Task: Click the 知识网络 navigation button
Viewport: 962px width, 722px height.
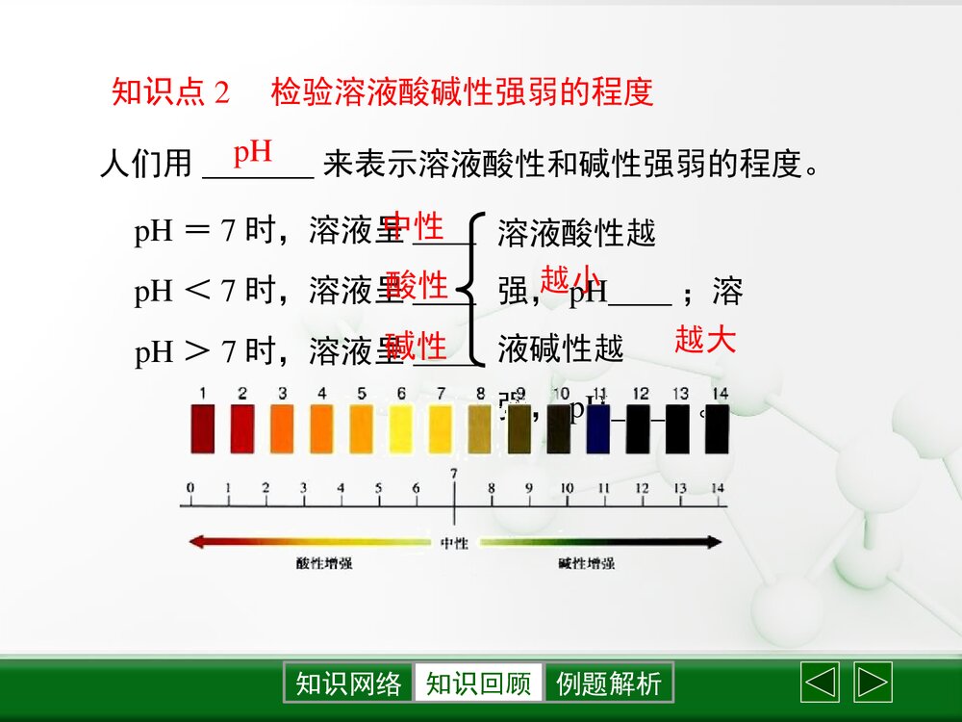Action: [348, 683]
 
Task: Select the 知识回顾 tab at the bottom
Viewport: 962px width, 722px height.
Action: [478, 683]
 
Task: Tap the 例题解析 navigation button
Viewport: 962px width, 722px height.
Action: [609, 683]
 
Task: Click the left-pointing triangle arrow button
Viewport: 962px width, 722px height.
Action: [820, 683]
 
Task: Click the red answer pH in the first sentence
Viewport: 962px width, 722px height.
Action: [253, 152]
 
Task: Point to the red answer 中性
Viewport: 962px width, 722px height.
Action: [415, 227]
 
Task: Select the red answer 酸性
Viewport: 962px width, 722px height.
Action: [417, 286]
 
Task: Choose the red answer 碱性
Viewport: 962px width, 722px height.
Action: [417, 345]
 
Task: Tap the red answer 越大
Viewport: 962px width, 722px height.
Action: [705, 339]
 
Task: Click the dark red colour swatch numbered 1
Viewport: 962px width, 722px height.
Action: [203, 428]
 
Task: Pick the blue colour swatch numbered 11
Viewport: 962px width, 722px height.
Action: [597, 428]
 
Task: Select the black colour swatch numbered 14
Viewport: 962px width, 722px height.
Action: [717, 428]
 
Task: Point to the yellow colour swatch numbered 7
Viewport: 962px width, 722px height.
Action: [441, 428]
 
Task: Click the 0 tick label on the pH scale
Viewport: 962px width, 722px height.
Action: [190, 488]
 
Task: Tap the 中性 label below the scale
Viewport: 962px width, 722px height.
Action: [454, 543]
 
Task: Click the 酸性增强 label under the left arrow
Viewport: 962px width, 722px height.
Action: [324, 563]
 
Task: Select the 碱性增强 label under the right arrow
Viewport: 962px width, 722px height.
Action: [586, 563]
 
